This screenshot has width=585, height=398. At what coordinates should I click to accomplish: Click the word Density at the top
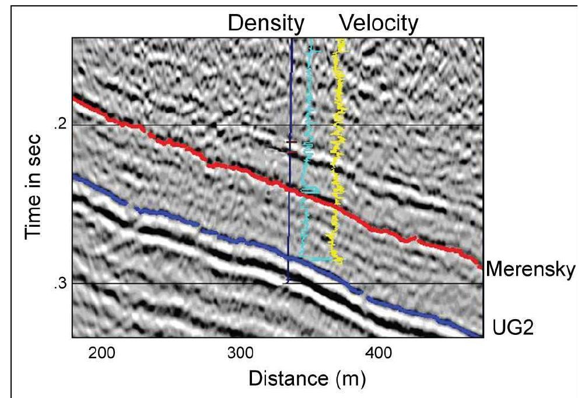(265, 23)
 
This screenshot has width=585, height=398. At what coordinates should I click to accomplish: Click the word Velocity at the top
(379, 23)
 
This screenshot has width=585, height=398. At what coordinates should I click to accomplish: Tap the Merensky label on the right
(531, 269)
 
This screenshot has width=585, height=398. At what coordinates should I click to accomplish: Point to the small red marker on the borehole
(290, 142)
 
